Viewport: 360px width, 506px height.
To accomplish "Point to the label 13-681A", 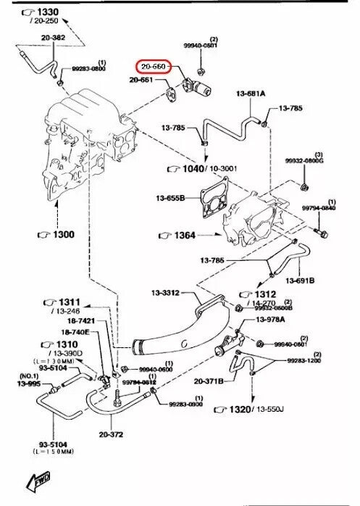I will [x=250, y=94].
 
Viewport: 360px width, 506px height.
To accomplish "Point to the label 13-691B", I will [x=300, y=280].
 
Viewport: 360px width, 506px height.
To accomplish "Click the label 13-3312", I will [x=166, y=293].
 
